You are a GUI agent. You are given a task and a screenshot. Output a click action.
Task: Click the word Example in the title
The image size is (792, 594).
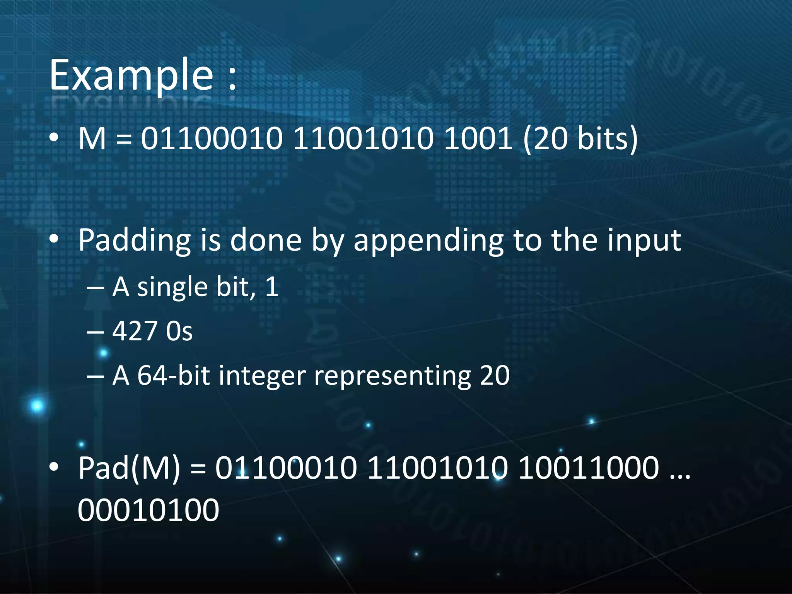pyautogui.click(x=131, y=75)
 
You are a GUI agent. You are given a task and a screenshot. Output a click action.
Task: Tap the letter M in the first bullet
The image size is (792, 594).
pyautogui.click(x=92, y=139)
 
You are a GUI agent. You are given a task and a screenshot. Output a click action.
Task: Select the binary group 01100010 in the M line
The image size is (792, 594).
pyautogui.click(x=212, y=139)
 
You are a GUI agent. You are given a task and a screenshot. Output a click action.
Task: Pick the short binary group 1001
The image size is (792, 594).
pyautogui.click(x=478, y=139)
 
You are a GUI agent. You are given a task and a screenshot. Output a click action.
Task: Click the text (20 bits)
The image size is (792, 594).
pyautogui.click(x=580, y=139)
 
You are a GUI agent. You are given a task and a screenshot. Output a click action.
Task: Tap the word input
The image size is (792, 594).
pyautogui.click(x=644, y=241)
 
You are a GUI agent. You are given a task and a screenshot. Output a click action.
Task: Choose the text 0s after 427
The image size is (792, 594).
pyautogui.click(x=179, y=331)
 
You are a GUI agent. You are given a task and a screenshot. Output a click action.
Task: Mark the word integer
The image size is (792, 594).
pyautogui.click(x=262, y=376)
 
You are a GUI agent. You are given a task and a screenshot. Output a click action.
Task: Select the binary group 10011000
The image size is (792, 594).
pyautogui.click(x=588, y=468)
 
